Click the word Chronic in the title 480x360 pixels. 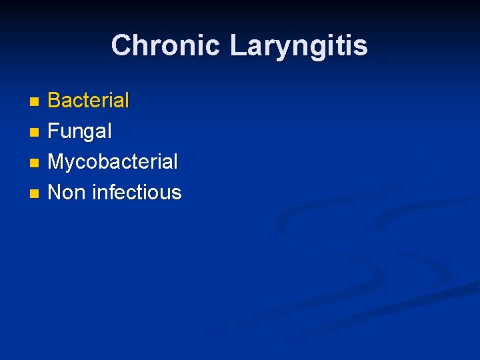(165, 45)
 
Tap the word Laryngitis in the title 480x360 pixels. (298, 45)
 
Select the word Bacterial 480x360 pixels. (89, 101)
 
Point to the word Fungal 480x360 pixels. (80, 131)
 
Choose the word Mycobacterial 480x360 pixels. (113, 162)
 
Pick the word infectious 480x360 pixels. (137, 192)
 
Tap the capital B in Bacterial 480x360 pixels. (55, 101)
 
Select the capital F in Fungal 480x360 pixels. (54, 131)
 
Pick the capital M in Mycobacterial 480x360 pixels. (57, 162)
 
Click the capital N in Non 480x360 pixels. (55, 192)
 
